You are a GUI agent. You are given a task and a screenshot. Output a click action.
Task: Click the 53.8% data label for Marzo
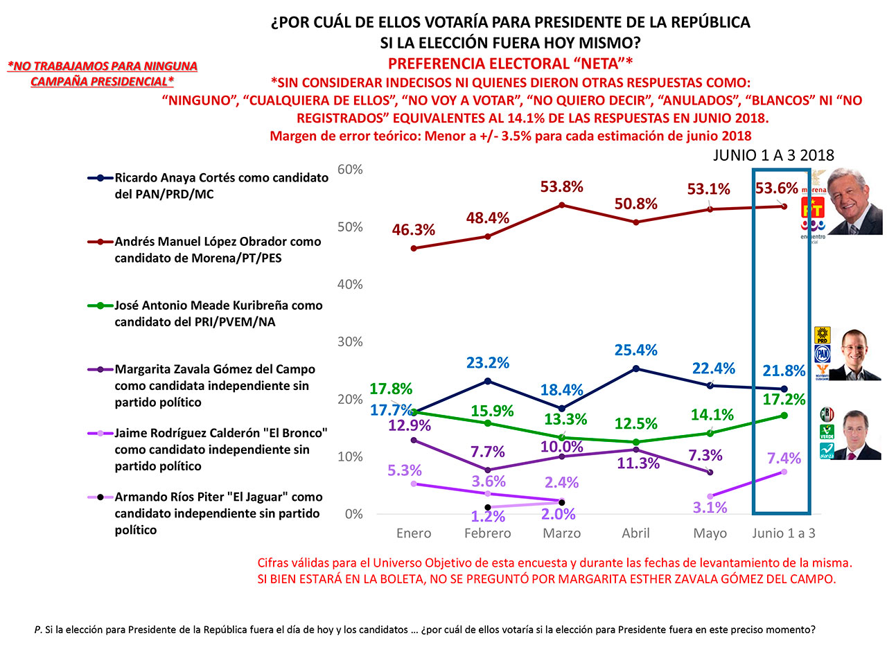(x=561, y=187)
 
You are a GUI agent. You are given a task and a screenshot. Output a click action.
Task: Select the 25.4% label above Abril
(x=635, y=351)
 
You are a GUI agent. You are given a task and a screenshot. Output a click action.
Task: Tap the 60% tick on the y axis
(x=350, y=170)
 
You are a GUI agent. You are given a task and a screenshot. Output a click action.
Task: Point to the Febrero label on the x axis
(x=487, y=533)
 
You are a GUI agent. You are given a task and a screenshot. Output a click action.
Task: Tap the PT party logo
(x=812, y=207)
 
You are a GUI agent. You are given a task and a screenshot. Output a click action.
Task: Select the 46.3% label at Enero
(x=413, y=230)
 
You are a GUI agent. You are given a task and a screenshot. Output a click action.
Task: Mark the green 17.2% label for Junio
(x=784, y=400)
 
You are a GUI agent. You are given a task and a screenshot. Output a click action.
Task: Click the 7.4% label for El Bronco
(x=784, y=459)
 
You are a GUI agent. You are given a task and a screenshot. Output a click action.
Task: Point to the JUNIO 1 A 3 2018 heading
(x=773, y=156)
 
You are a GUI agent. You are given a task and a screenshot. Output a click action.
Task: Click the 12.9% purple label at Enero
(x=409, y=425)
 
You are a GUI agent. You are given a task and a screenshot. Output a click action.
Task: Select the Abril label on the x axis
(x=635, y=533)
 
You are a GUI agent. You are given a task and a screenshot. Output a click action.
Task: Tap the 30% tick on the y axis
(x=350, y=342)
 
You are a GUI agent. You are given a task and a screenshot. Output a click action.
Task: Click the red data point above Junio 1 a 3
(x=784, y=206)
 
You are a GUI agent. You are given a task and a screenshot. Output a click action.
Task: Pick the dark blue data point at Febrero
(x=487, y=381)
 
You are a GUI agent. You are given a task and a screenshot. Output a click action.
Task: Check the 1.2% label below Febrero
(x=488, y=517)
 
